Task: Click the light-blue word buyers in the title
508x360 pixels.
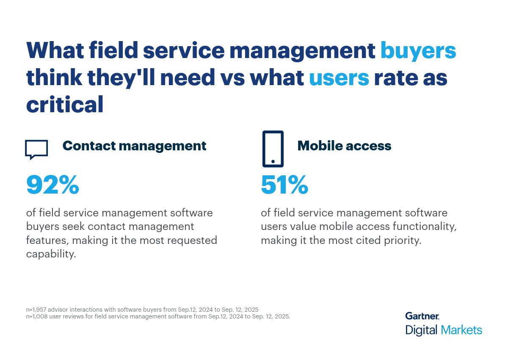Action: tap(418, 51)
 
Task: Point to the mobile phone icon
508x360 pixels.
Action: tap(273, 149)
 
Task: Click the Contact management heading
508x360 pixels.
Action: tap(134, 146)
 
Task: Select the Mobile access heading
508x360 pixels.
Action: tap(344, 146)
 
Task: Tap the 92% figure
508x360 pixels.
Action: tap(52, 185)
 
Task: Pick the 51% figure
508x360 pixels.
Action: tap(284, 185)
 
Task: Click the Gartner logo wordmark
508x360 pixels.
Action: tap(422, 316)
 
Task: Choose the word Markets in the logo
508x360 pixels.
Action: tap(461, 330)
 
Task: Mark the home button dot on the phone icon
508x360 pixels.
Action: tap(273, 161)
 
